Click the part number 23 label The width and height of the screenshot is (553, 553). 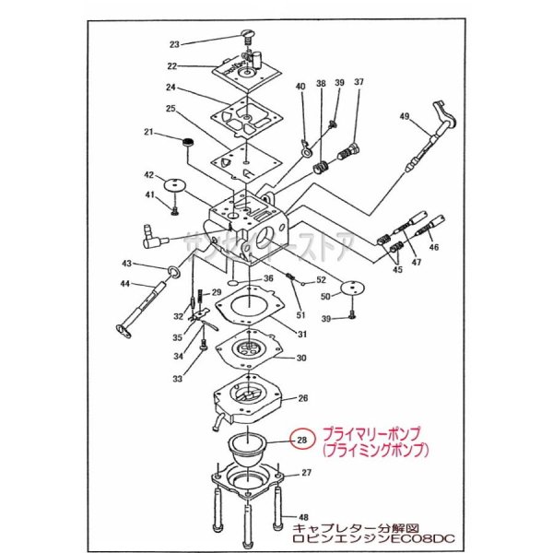(174, 43)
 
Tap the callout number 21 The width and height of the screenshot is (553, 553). (148, 133)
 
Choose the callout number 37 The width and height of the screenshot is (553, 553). (359, 83)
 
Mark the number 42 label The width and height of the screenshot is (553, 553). (148, 174)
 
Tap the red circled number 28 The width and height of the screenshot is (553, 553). (301, 440)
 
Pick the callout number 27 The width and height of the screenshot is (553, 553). (305, 473)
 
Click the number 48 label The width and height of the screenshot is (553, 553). (302, 517)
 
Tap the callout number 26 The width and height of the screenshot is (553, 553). (302, 399)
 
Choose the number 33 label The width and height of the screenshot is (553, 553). (178, 378)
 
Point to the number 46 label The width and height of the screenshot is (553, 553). (434, 248)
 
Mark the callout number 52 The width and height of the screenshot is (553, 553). (321, 279)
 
